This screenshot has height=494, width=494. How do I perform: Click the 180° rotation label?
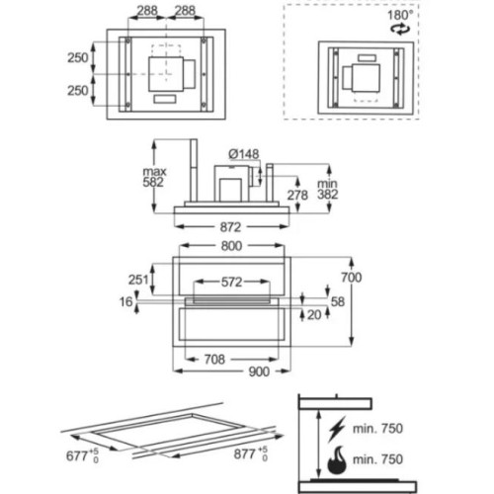tap(400, 15)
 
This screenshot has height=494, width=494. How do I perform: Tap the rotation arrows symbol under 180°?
tap(400, 29)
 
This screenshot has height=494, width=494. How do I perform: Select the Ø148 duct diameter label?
tap(244, 154)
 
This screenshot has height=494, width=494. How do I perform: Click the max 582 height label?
tap(154, 177)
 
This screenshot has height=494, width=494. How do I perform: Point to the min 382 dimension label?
tap(328, 189)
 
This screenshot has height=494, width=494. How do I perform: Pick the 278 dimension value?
tap(297, 195)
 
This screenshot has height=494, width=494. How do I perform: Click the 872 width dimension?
tap(231, 227)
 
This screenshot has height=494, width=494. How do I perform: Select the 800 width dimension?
tap(231, 246)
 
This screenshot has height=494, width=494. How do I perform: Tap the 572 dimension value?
tap(232, 282)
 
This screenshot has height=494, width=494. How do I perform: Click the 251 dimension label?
tap(138, 280)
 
